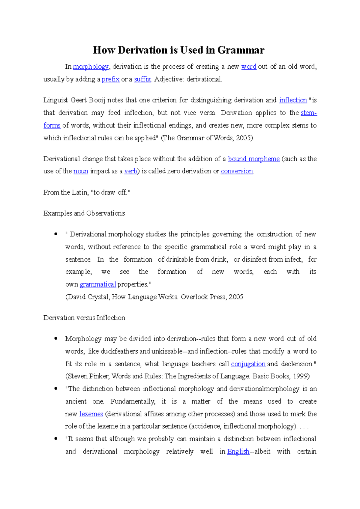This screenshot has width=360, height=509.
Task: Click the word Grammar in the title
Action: pos(241,50)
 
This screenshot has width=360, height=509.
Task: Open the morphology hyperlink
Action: pos(91,67)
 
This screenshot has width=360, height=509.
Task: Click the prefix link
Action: pos(111,79)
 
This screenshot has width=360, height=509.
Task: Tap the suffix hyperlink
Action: pos(142,79)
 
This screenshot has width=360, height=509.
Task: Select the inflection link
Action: pos(293,100)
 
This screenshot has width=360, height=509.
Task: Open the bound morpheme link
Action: pos(254,159)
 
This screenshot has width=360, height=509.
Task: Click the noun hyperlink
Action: pos(81,171)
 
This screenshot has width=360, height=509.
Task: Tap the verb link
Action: pos(131,171)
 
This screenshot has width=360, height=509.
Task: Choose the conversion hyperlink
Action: pos(237,171)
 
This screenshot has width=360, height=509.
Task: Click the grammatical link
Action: pos(98,284)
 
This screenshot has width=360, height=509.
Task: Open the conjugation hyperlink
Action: pos(248,364)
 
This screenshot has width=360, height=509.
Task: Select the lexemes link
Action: pos(91,414)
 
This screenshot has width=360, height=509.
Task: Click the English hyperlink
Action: pos(238,451)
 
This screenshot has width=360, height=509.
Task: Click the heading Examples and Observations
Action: pos(84,213)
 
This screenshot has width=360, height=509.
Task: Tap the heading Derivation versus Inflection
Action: pos(84,318)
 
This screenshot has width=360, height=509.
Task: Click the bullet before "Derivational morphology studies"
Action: pos(55,234)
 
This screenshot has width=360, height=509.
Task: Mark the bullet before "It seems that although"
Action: pos(55,439)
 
